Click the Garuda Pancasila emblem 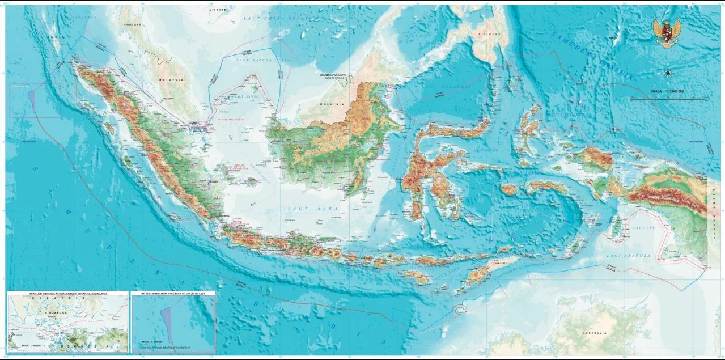(x=667, y=32)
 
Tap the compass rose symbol (x=668, y=73)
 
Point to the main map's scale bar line (x=668, y=99)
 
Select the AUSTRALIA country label (x=597, y=333)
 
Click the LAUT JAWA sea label (x=305, y=209)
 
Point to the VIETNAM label (x=218, y=10)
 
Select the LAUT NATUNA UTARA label (x=255, y=60)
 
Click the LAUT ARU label (x=642, y=228)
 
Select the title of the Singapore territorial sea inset (x=67, y=294)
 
